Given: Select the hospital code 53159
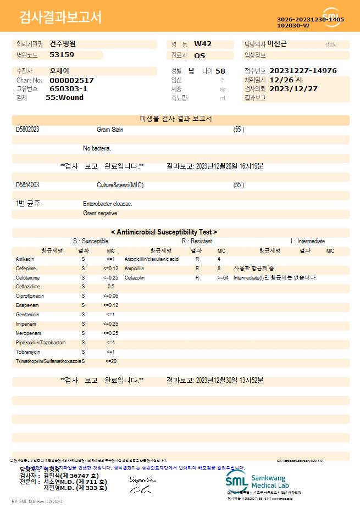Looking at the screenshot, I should [x=62, y=55].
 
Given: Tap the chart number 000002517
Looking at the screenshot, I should [x=71, y=80].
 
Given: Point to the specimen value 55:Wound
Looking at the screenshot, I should [x=64, y=98].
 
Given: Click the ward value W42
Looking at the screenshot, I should [x=203, y=44].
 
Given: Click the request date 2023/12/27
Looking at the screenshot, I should [x=293, y=88].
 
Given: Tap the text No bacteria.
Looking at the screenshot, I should [x=97, y=148].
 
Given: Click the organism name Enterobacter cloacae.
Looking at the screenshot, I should [x=108, y=204].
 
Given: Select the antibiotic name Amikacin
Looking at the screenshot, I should [x=25, y=259].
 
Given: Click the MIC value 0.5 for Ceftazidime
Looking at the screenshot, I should [x=111, y=287].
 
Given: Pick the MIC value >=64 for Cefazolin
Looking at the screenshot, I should [x=223, y=278].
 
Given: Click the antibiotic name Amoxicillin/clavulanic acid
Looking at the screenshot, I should [x=152, y=259].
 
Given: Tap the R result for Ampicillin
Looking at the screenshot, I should [x=197, y=269].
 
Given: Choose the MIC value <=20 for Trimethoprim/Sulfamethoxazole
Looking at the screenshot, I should [x=110, y=361].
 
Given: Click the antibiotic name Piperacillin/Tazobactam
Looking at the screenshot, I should [x=41, y=343].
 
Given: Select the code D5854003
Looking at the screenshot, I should [x=27, y=185].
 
